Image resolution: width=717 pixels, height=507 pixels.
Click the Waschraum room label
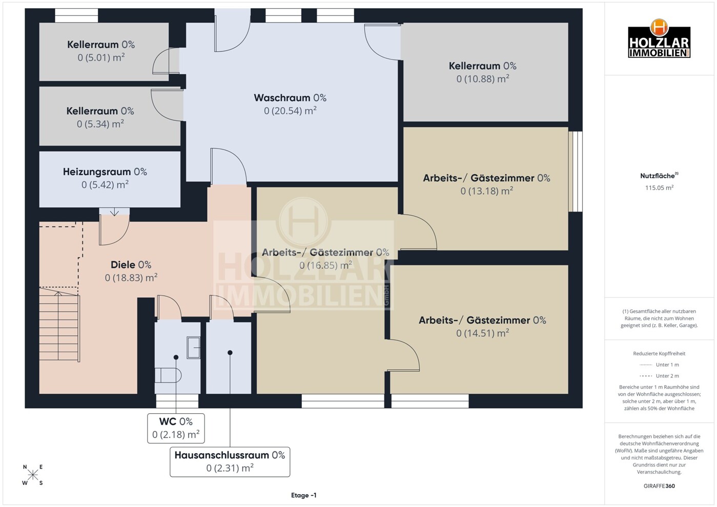(x=290, y=98)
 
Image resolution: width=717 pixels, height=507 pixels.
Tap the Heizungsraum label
(x=105, y=172)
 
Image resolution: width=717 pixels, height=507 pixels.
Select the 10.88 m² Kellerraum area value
(x=483, y=79)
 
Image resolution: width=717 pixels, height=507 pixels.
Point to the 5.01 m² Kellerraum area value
(x=101, y=57)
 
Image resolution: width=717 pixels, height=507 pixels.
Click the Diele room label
(x=131, y=265)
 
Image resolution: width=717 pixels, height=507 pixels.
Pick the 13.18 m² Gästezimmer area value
(x=486, y=191)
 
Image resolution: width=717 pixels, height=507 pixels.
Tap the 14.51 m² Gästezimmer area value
(x=482, y=333)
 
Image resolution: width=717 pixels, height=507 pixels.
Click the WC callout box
(x=176, y=428)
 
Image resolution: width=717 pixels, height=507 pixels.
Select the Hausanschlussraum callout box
(x=230, y=462)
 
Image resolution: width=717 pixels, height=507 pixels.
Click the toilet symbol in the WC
(x=169, y=375)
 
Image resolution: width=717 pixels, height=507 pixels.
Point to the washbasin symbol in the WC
(x=194, y=347)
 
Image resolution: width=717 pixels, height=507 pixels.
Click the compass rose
(x=33, y=475)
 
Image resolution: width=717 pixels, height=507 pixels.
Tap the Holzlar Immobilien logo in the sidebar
(x=659, y=38)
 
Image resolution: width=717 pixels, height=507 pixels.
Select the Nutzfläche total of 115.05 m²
(x=659, y=188)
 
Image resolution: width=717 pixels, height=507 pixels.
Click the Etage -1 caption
(x=304, y=495)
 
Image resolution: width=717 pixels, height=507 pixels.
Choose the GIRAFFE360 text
(x=659, y=486)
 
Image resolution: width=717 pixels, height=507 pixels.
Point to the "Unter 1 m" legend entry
(x=659, y=365)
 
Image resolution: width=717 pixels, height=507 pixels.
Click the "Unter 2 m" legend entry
(x=659, y=376)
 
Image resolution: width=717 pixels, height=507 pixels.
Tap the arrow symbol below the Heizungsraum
(x=115, y=212)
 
